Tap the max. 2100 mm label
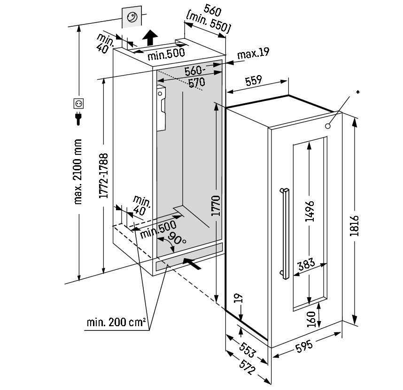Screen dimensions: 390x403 [x=78, y=171]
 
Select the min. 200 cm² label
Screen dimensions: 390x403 [x=116, y=323]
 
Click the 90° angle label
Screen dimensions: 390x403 [x=178, y=238]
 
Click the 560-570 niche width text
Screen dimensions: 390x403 [x=194, y=76]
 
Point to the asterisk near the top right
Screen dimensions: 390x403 [x=358, y=92]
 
